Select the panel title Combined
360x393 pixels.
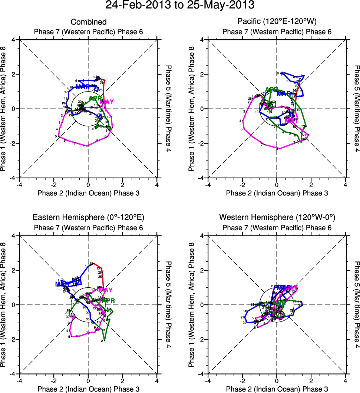click(89, 22)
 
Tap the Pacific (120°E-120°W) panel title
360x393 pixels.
click(277, 22)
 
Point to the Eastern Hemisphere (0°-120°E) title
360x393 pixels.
click(89, 217)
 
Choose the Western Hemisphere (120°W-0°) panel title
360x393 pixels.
click(277, 217)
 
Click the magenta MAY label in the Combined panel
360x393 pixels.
click(106, 102)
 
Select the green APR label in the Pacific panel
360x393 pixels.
click(272, 89)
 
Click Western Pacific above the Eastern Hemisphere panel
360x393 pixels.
click(89, 227)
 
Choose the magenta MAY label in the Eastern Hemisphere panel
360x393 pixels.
click(106, 290)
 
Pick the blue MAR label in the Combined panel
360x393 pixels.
click(82, 87)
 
